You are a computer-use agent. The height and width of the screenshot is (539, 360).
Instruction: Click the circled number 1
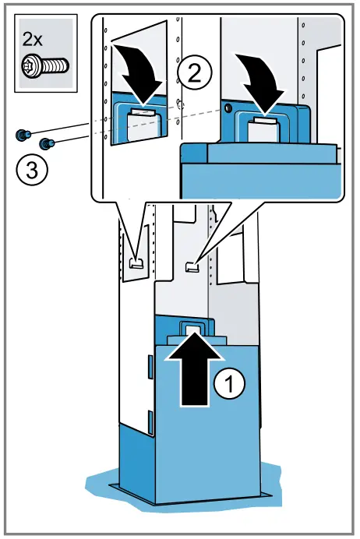pos(229,382)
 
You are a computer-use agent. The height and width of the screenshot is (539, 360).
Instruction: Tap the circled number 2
pos(195,73)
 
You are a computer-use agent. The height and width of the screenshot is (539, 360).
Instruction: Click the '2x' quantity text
pos(32,40)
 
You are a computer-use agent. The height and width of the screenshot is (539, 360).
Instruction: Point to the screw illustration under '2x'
pos(45,65)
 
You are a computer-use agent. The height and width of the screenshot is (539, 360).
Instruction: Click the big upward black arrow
pos(195,369)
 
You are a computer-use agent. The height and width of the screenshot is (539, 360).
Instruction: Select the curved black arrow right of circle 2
pos(260,83)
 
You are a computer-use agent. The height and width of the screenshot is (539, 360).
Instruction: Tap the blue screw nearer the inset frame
pos(47,143)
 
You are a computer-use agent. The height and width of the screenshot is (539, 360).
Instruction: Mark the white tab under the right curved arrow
pos(265,120)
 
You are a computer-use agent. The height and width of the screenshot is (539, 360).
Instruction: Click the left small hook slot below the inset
pos(136,263)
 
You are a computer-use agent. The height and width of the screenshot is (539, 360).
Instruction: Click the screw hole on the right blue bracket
pos(228,108)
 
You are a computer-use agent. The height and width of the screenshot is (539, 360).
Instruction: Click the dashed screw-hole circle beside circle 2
pos(181,105)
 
